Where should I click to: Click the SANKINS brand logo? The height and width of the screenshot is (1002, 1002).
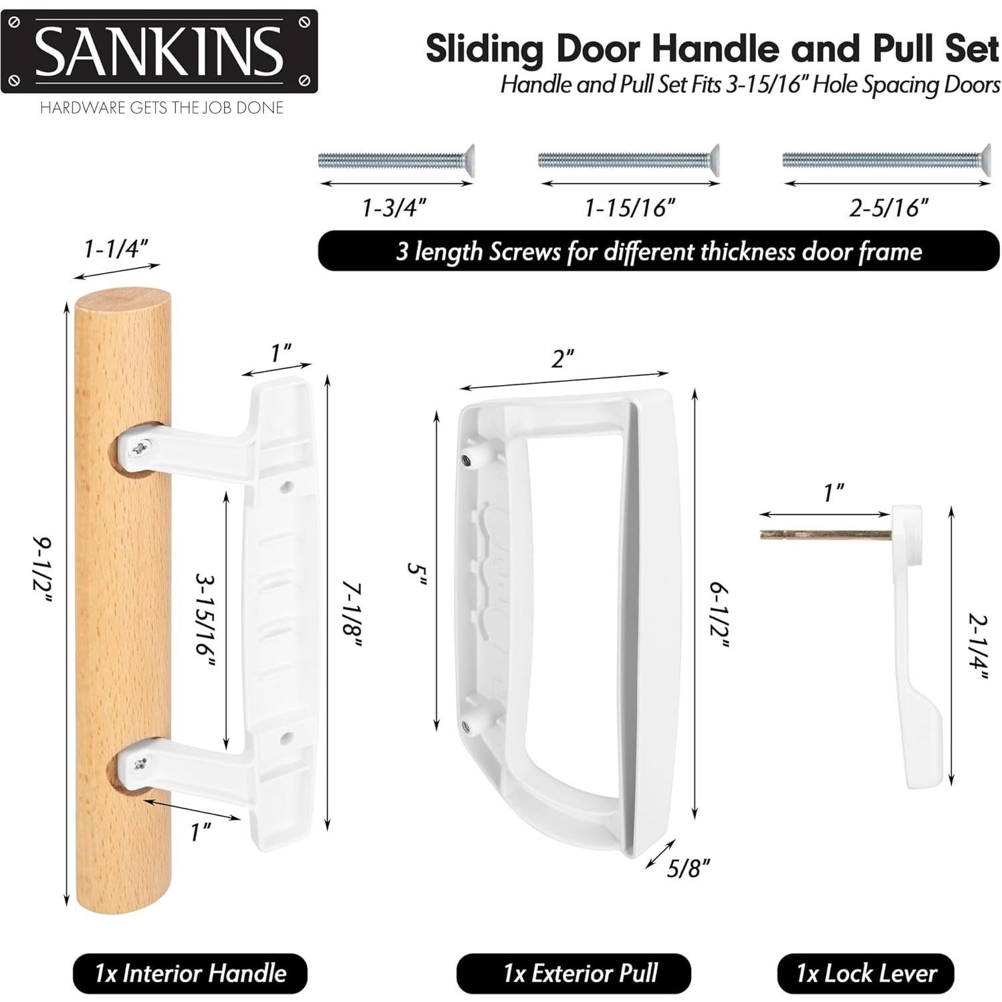tap(159, 51)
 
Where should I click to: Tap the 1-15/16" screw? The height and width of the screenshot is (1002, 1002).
tap(628, 161)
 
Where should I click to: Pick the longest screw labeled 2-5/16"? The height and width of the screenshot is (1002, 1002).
tap(886, 160)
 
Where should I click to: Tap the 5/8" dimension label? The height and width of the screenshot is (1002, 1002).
tap(688, 868)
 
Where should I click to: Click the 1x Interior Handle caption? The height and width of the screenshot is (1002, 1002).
tap(190, 973)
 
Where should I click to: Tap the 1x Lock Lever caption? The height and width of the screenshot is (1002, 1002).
tap(866, 973)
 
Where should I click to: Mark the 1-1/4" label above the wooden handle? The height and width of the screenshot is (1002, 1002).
tap(116, 249)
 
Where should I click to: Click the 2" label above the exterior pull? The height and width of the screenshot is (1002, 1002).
tap(563, 359)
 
